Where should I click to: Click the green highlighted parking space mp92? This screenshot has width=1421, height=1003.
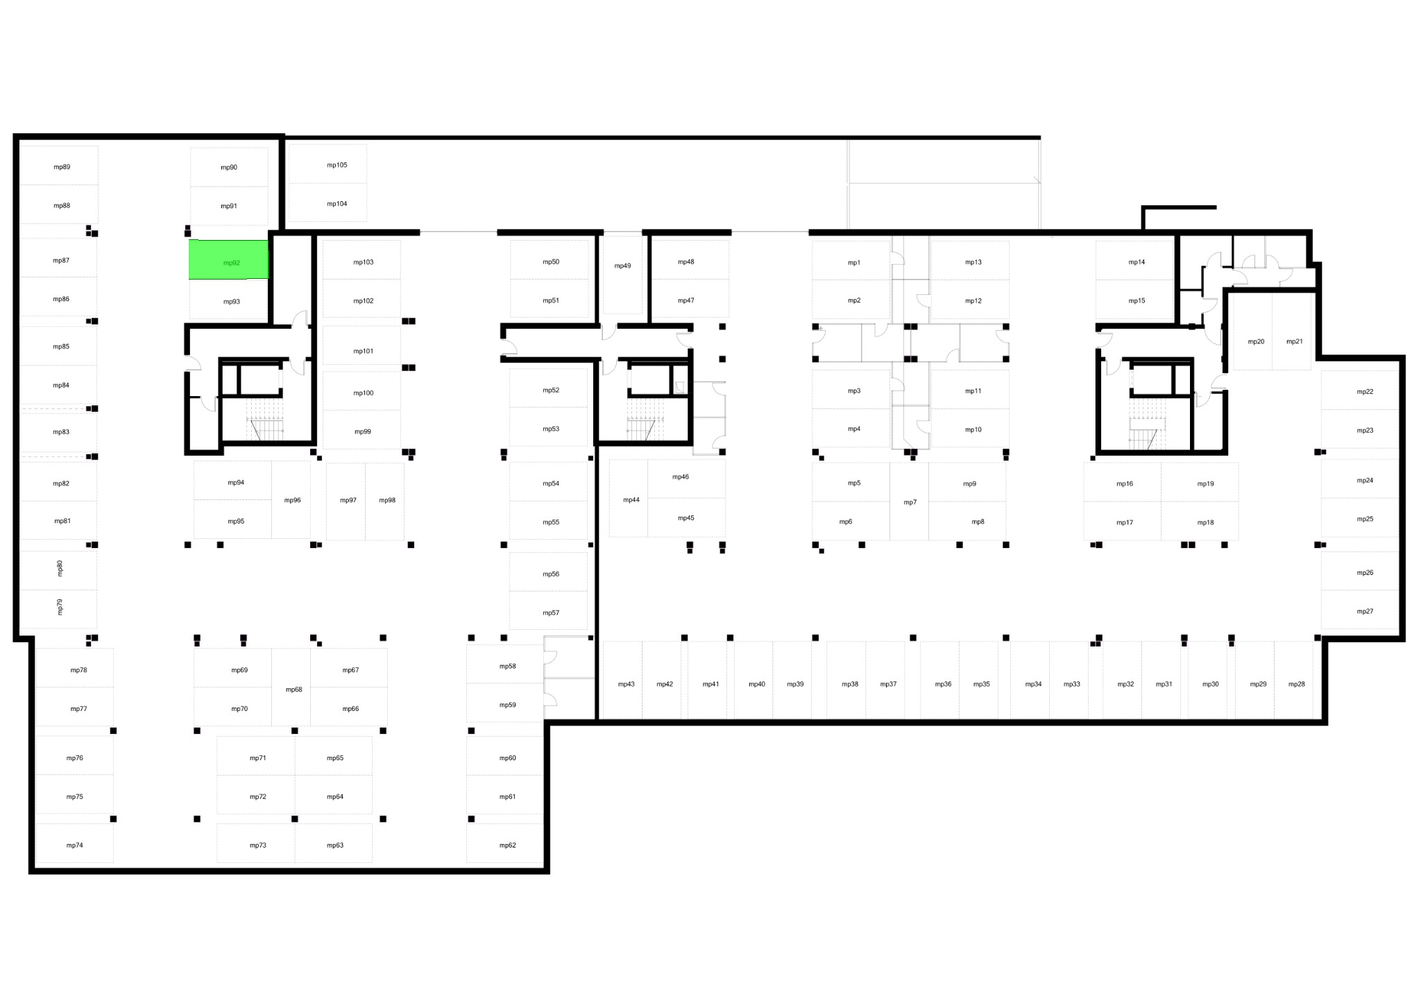228,259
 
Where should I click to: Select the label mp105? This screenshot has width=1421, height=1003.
337,165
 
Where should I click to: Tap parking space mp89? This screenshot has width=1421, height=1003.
59,165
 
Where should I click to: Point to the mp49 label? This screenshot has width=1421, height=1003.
623,266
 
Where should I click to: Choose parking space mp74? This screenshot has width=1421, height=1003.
74,843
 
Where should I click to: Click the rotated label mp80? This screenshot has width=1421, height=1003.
60,568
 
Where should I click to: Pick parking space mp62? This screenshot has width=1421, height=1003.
504,843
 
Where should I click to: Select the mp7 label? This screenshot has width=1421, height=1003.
910,502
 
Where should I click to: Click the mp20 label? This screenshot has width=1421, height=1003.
1256,341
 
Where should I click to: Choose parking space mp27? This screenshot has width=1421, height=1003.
1360,610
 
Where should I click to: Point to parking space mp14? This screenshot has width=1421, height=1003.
1135,260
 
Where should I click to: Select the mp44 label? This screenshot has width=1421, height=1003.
631,499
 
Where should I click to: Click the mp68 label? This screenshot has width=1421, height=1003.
294,689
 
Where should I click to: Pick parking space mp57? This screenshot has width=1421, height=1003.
548,610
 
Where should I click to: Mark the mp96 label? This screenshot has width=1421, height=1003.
293,500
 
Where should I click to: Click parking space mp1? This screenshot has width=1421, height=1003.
851,260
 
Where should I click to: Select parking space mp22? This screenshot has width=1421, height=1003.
1360,391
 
